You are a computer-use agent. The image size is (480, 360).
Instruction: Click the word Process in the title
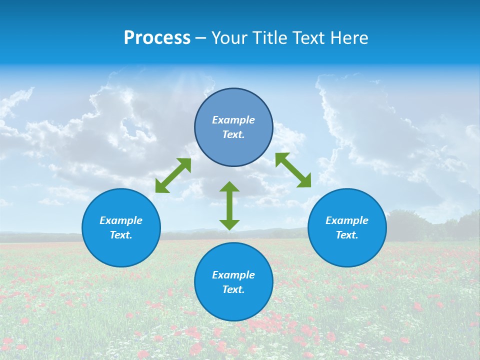click(157, 38)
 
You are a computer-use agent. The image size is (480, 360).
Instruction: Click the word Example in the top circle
click(233, 120)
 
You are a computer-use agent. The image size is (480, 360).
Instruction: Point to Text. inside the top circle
click(233, 134)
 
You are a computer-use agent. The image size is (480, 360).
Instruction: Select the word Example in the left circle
click(121, 220)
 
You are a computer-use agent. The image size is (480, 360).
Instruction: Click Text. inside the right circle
click(347, 235)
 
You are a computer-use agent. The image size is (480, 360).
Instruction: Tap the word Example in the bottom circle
click(233, 275)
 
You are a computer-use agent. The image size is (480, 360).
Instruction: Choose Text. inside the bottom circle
click(233, 289)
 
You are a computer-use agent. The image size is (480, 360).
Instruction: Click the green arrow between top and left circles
click(173, 175)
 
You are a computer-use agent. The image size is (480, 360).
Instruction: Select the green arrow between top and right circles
click(293, 170)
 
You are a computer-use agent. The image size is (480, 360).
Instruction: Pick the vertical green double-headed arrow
click(229, 205)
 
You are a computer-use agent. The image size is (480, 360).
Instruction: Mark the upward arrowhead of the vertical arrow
click(229, 186)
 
